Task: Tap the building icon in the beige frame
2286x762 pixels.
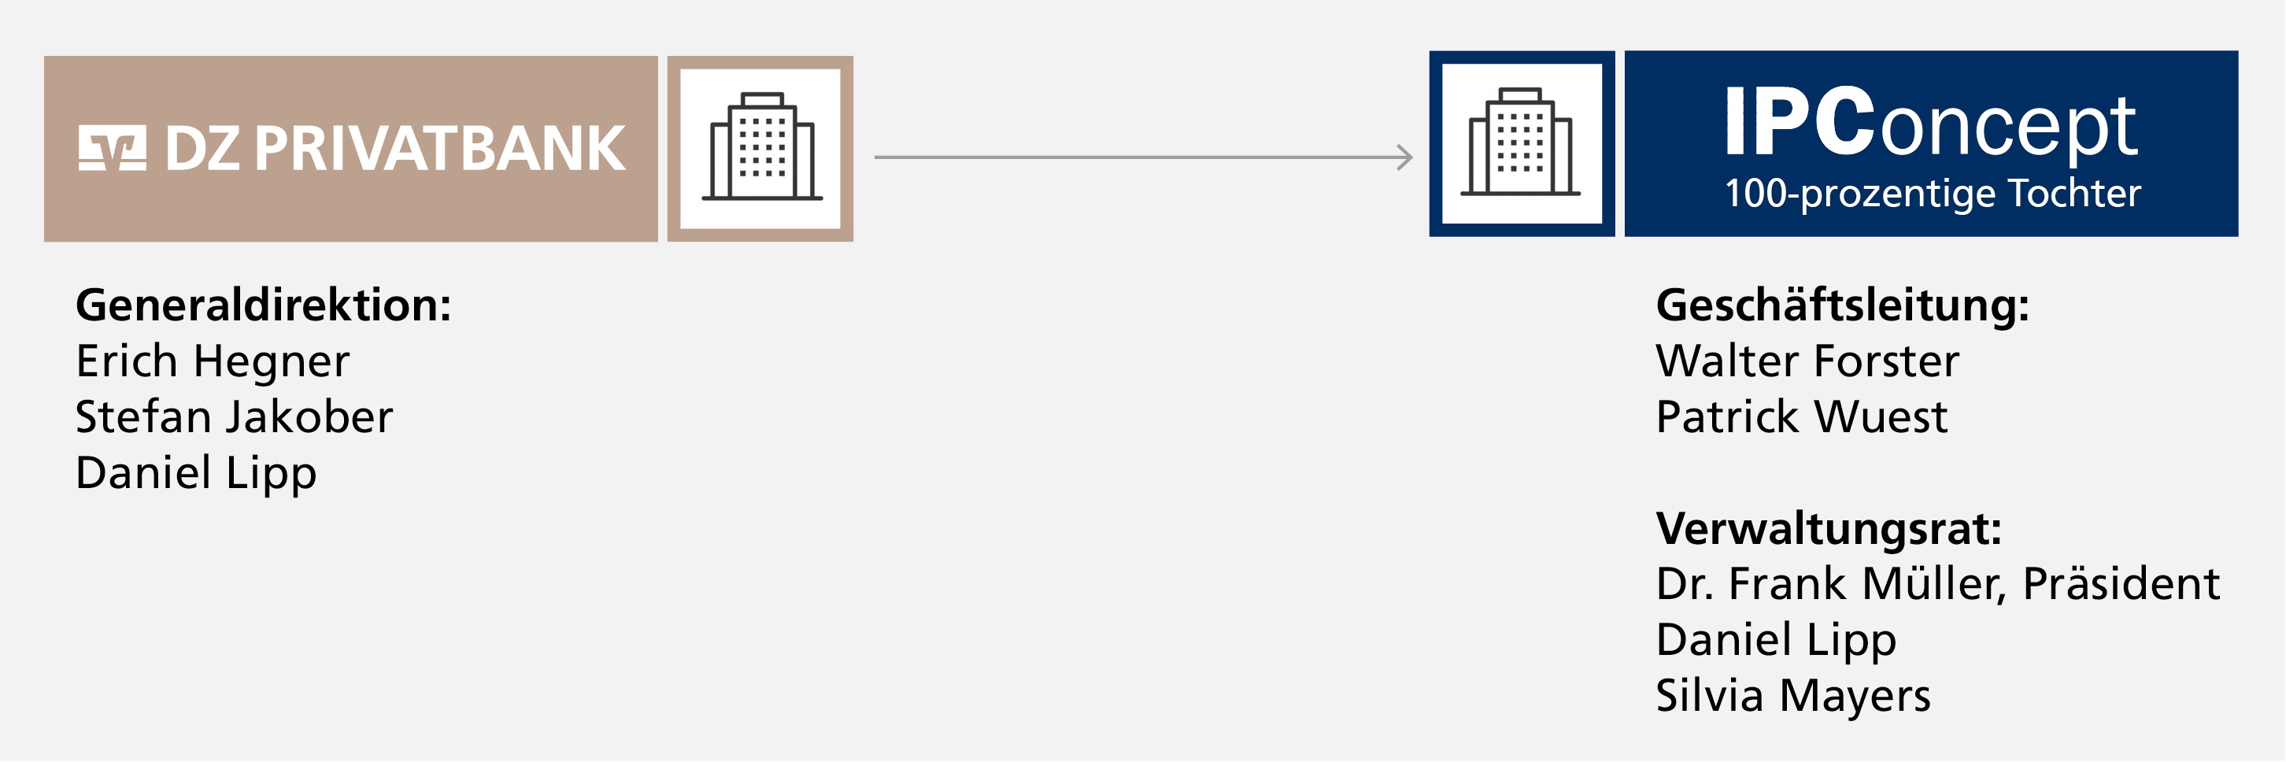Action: coord(761,147)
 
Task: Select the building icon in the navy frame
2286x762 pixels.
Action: coord(1521,142)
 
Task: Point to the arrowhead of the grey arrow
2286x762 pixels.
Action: coord(1406,157)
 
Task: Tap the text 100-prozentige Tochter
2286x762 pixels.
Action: coord(1933,194)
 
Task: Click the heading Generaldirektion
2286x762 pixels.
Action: coord(264,305)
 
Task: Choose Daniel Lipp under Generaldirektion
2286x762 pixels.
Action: coord(196,473)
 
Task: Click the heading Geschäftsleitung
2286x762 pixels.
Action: coord(1842,305)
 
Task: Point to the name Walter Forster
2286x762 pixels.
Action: coord(1807,361)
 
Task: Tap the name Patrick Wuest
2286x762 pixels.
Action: coord(1801,417)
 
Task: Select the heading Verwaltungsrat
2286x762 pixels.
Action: coord(1829,529)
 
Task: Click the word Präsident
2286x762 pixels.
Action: coord(2121,583)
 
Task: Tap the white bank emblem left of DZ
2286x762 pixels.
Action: coord(112,148)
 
